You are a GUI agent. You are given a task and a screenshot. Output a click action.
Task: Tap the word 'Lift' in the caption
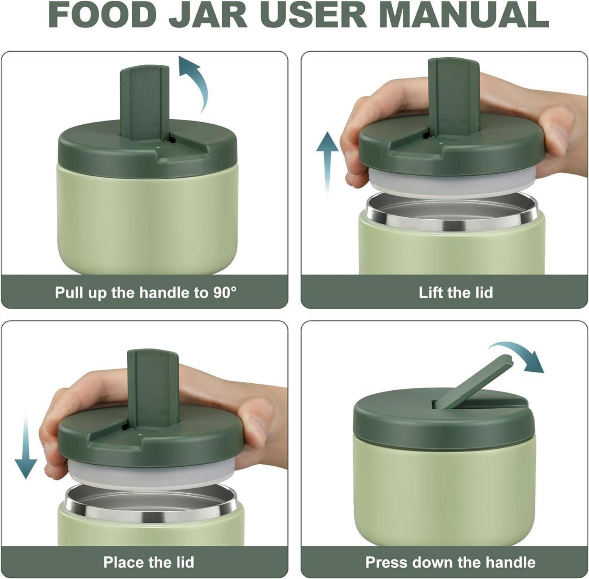(431, 292)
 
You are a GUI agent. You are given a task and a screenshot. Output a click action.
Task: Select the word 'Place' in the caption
(122, 562)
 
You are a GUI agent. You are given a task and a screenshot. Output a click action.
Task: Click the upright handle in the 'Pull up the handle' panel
(145, 102)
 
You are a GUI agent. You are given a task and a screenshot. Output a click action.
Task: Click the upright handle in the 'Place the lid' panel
(153, 388)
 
